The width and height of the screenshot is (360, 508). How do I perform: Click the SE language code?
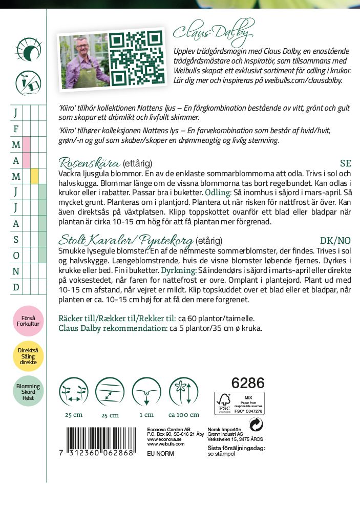click(x=346, y=163)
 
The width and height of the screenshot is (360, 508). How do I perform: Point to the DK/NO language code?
click(x=335, y=241)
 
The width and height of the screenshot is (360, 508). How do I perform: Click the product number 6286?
click(x=248, y=383)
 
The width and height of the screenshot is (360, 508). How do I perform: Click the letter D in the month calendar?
click(x=16, y=287)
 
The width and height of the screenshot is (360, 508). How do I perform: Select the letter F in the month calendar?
click(x=16, y=129)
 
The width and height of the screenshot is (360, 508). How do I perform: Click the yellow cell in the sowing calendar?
click(x=34, y=176)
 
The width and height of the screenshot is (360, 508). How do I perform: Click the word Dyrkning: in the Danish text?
click(x=178, y=270)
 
